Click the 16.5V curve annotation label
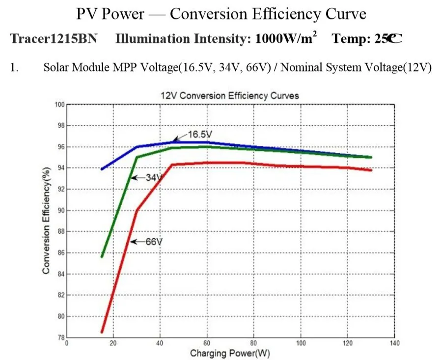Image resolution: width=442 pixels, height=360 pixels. tap(200, 135)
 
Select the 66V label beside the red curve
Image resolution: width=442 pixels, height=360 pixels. tap(154, 242)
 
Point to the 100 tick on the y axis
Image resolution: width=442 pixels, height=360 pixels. tap(60, 105)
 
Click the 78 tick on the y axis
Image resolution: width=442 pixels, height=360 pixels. tap(61, 337)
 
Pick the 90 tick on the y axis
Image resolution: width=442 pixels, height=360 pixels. tap(61, 211)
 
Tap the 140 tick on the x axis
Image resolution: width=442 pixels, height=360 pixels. tap(395, 343)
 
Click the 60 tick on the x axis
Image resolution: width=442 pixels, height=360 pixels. tap(207, 343)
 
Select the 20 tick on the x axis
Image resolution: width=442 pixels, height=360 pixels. tap(113, 343)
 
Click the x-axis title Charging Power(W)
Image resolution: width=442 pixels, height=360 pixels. tap(230, 353)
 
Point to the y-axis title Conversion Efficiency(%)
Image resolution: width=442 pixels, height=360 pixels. tap(46, 221)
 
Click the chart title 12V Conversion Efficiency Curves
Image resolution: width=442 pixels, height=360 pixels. tap(230, 96)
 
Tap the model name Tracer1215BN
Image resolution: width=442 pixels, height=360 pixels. tap(54, 38)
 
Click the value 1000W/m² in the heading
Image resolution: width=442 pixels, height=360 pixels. tap(286, 38)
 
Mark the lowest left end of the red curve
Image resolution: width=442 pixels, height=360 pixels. tap(102, 332)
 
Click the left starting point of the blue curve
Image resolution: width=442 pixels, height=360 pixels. tap(102, 169)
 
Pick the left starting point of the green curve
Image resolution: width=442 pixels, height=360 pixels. tap(102, 257)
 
